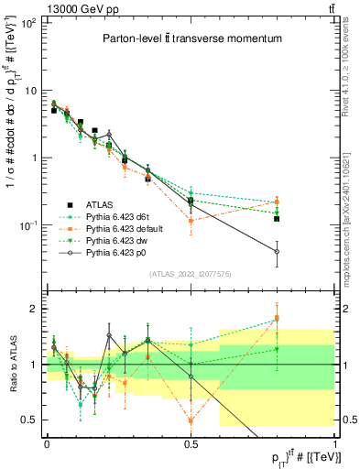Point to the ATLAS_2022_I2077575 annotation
tap(191, 274)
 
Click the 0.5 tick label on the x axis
tap(191, 444)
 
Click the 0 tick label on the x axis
tap(47, 444)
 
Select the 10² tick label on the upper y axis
tap(29, 23)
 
